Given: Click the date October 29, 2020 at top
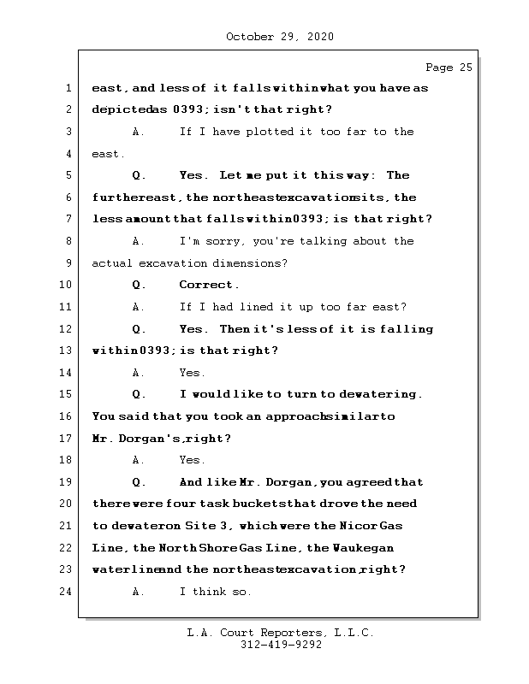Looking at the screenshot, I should (x=279, y=37).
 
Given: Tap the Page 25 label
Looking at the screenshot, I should (x=449, y=68).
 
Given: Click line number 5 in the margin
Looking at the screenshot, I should (x=68, y=175).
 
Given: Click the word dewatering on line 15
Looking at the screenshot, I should (x=380, y=394).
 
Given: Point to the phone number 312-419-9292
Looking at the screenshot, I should (x=281, y=646).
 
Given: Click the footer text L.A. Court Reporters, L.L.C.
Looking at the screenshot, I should (x=280, y=633).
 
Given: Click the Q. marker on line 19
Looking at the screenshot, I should (x=140, y=482).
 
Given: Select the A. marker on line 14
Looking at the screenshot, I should (x=140, y=373).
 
